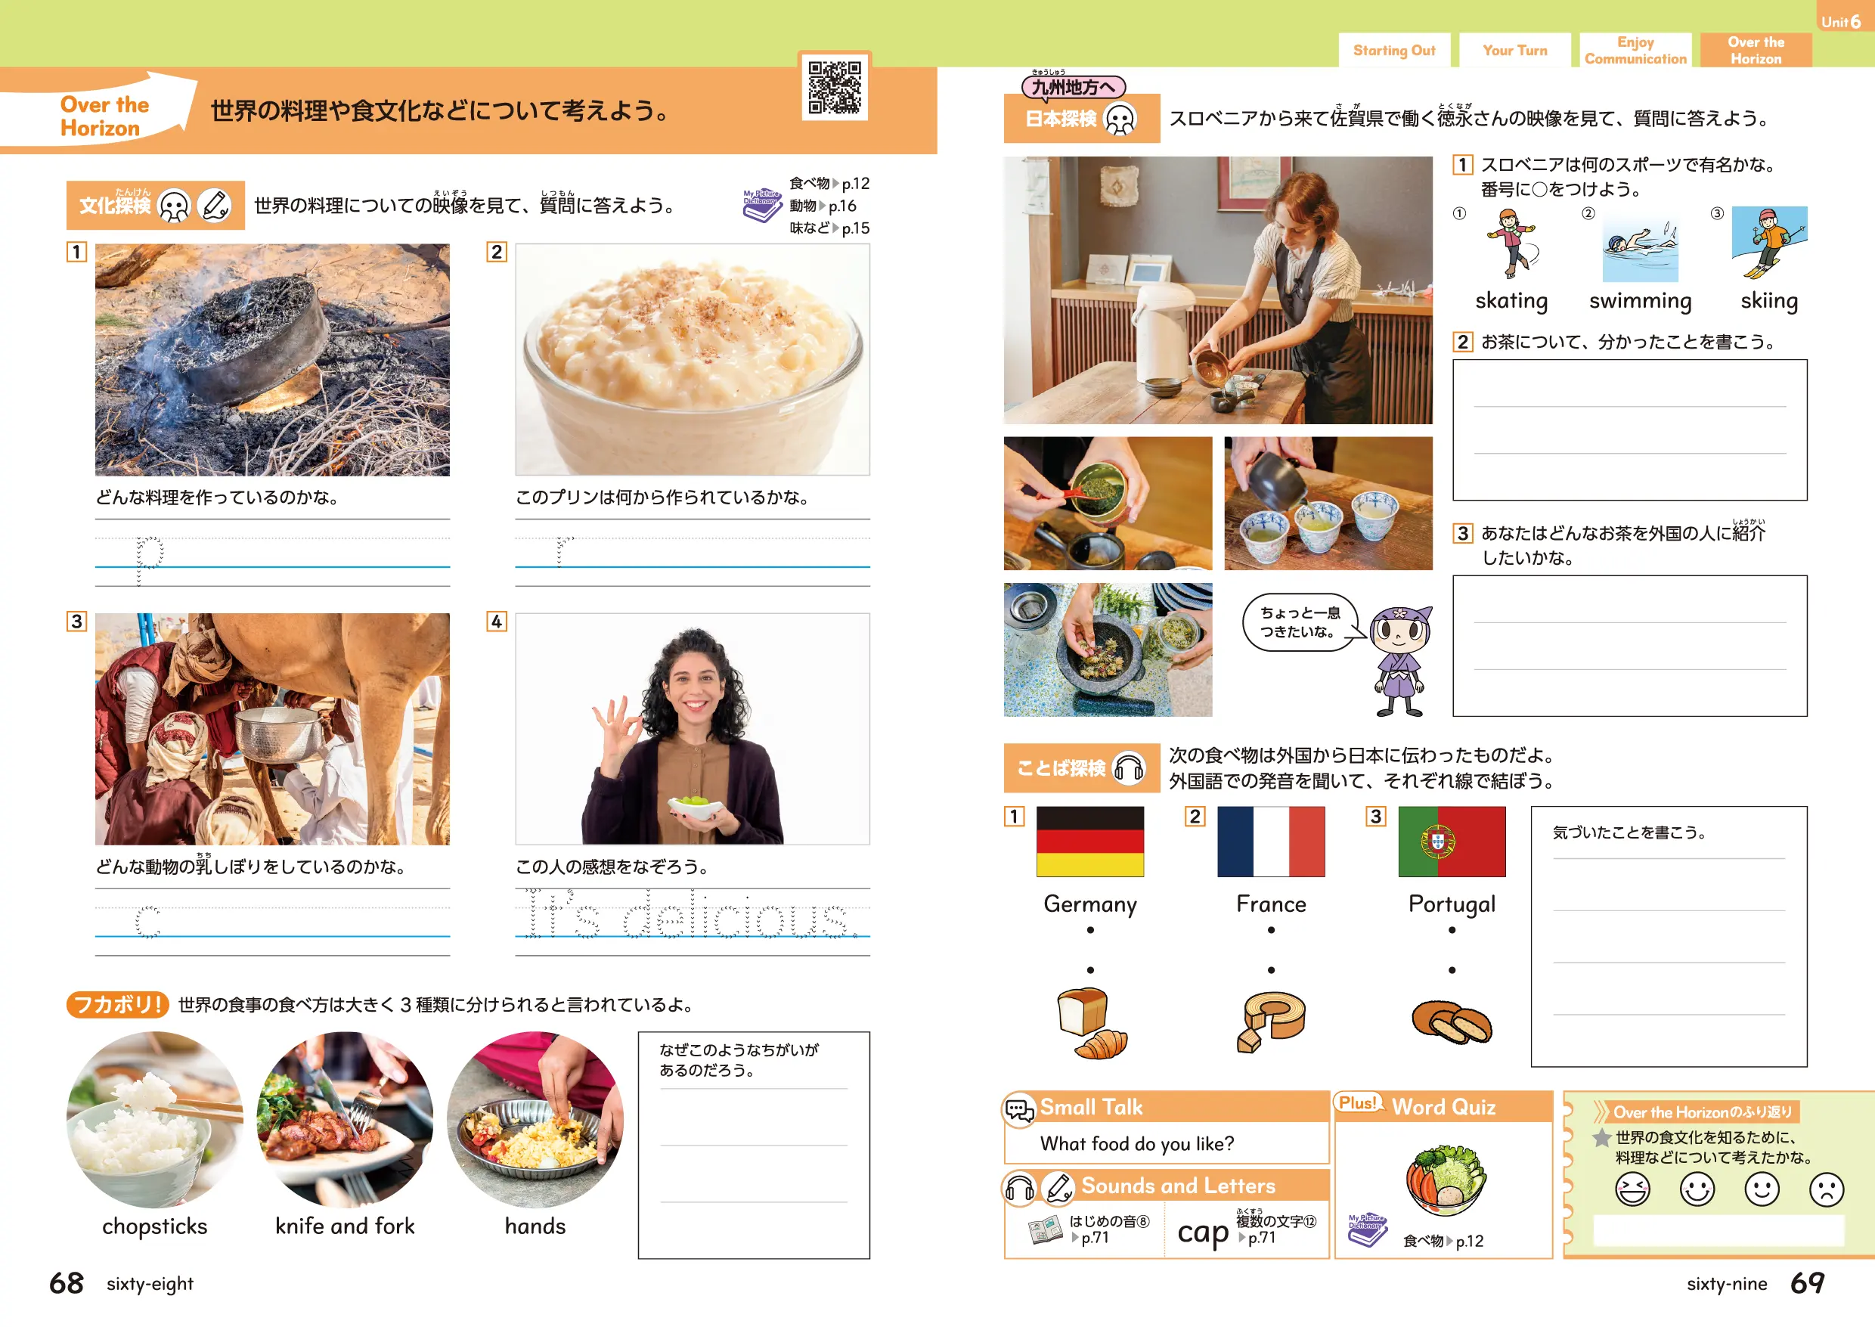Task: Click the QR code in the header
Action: [x=834, y=87]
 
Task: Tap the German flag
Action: [x=1090, y=841]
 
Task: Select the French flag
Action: [x=1270, y=841]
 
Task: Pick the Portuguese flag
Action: [x=1452, y=841]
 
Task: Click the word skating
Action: [x=1511, y=301]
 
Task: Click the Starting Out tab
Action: [x=1394, y=50]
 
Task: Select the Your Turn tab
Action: [x=1514, y=50]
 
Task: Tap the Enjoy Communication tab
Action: [x=1635, y=50]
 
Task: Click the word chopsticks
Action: [x=154, y=1226]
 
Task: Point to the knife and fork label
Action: [x=345, y=1226]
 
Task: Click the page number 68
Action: [x=67, y=1283]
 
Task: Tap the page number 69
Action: [x=1807, y=1283]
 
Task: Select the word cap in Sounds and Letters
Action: [x=1202, y=1232]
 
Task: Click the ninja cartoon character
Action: [x=1400, y=660]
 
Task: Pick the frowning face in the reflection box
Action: [x=1826, y=1189]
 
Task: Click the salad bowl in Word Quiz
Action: [x=1446, y=1180]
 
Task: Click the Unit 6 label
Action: [x=1841, y=22]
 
